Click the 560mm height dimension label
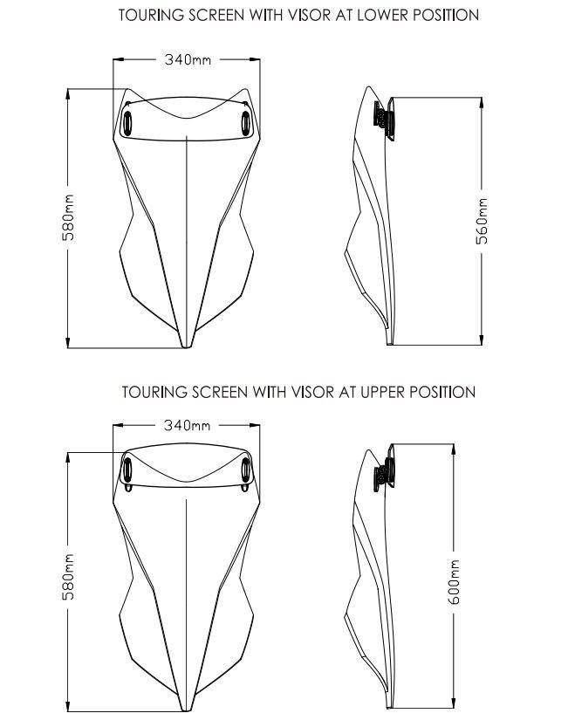[483, 221]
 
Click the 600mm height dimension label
[454, 581]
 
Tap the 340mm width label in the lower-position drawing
[188, 59]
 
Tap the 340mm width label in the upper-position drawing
[188, 425]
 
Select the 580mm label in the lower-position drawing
[68, 217]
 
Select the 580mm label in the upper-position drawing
[68, 576]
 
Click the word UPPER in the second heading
[383, 392]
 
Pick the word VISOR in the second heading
[312, 392]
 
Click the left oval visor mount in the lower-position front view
[127, 124]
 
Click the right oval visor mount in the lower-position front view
[246, 124]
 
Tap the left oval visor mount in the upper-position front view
[127, 470]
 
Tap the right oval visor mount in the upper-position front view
[246, 470]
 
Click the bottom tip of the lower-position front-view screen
[186, 346]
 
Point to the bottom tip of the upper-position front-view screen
[186, 710]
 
